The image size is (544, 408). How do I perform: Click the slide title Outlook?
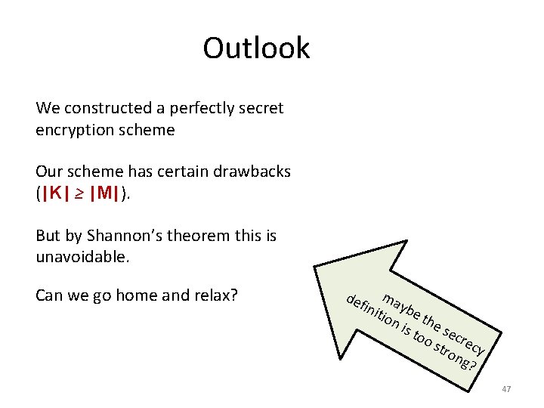256,48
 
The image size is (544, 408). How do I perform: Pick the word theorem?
204,236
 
